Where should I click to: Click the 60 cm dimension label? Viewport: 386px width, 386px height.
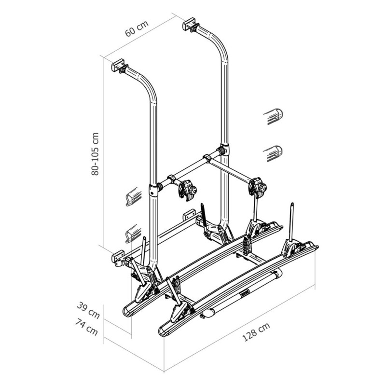pos(137,28)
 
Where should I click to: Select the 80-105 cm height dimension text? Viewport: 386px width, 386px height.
pos(96,153)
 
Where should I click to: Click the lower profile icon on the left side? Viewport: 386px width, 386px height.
pos(133,234)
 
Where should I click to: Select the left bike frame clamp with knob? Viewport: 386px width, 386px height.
pos(187,190)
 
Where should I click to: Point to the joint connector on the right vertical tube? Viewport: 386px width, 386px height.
pos(223,151)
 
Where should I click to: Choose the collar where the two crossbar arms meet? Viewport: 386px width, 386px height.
pos(207,159)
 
